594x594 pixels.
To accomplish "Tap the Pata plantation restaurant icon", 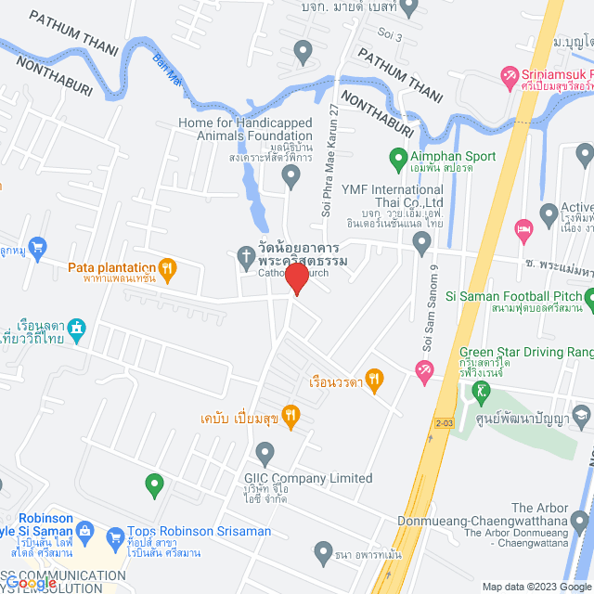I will point(167,270).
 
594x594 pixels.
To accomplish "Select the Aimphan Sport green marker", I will point(398,157).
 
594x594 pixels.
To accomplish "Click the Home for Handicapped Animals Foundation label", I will point(246,130).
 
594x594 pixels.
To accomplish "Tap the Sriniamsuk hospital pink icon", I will point(509,74).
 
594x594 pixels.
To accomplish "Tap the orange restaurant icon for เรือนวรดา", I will point(374,378).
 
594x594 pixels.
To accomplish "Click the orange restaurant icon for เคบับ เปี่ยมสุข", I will point(290,416).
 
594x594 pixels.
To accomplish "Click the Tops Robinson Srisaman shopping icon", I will point(116,536).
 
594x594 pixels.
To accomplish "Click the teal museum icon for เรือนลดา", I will point(75,327).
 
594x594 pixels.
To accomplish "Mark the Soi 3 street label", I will point(391,36).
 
